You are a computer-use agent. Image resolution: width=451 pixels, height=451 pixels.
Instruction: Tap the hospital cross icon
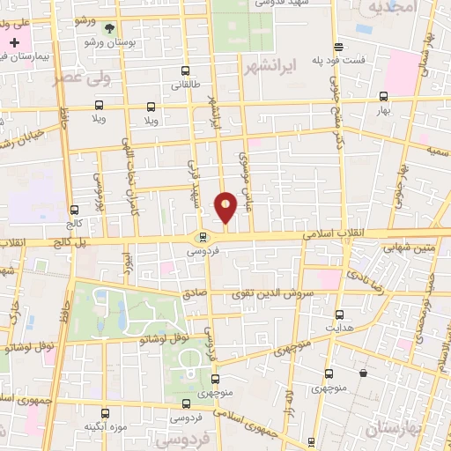14,41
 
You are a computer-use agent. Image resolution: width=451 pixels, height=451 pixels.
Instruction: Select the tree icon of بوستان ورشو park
109,27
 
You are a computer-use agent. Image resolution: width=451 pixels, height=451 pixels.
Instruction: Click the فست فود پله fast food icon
338,48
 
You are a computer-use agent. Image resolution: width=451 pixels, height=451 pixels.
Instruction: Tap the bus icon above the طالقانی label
184,71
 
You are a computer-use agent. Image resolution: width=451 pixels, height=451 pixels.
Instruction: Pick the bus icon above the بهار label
381,97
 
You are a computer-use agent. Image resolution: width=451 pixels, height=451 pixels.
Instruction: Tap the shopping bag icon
363,373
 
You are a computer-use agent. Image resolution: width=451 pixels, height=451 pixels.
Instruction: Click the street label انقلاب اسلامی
328,235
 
